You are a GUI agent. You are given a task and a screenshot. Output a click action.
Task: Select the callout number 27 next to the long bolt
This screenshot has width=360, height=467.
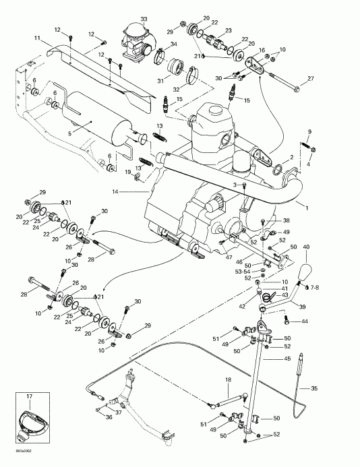tap(311, 80)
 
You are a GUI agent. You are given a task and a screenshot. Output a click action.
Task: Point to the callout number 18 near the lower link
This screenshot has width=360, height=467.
tap(228, 381)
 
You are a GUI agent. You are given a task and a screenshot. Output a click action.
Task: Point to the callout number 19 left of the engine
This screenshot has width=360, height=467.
tap(127, 173)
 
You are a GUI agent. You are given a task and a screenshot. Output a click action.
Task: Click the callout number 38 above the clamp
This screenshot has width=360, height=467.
tap(286, 220)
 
